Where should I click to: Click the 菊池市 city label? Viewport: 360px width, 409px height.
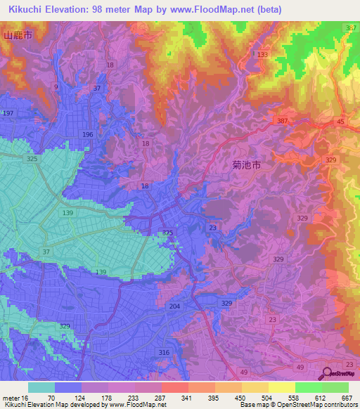(x=246, y=165)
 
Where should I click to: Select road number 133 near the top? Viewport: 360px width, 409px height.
(x=263, y=54)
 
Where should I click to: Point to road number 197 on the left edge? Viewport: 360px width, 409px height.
(x=8, y=113)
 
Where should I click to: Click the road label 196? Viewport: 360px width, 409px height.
(x=87, y=134)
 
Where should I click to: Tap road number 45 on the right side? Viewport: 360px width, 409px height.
(x=340, y=121)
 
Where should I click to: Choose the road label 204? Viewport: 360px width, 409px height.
(x=175, y=306)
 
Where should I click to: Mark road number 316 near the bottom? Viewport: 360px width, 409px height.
(x=164, y=352)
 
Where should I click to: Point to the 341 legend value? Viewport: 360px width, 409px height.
(x=187, y=397)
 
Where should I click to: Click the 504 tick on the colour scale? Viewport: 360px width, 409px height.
(x=267, y=397)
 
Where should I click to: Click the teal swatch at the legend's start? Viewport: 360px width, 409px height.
(x=41, y=387)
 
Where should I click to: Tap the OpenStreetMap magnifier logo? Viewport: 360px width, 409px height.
(x=326, y=375)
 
